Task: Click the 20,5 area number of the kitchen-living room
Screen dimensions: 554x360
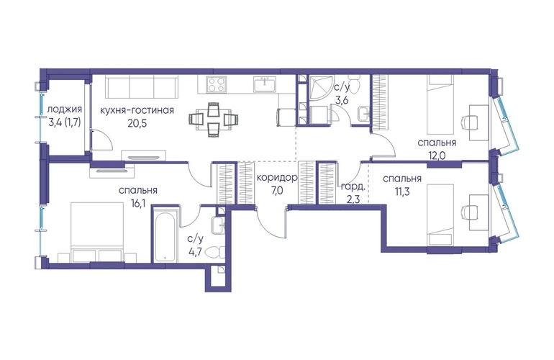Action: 137,123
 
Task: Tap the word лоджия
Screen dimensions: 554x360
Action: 65,110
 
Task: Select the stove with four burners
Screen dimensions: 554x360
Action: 216,84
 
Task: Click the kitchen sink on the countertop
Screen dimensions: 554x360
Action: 265,85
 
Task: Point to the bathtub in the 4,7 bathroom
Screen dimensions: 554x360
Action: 166,236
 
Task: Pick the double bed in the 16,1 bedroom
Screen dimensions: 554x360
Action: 98,232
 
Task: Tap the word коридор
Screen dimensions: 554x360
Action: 277,178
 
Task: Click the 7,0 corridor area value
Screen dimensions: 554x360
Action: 277,191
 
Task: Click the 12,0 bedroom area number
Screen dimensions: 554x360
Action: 437,156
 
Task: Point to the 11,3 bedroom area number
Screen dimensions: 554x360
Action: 402,192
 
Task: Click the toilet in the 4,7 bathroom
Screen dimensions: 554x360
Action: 214,253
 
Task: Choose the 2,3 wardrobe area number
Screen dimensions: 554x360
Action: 353,200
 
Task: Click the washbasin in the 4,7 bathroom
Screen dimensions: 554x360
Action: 218,224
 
